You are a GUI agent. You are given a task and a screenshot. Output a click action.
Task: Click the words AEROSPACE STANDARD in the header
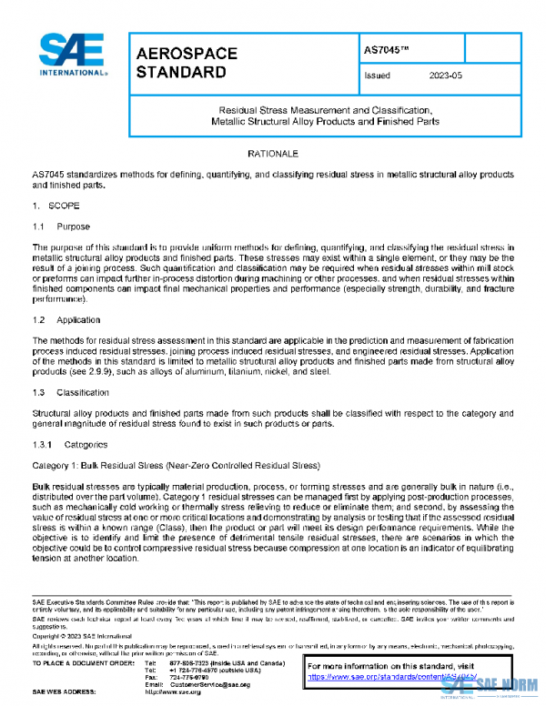tap(187, 62)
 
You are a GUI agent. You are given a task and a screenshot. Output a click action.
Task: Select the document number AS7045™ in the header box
tap(383, 46)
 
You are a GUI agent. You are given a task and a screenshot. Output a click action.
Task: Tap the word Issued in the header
tap(377, 76)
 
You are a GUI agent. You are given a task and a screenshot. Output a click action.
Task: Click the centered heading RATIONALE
tap(272, 155)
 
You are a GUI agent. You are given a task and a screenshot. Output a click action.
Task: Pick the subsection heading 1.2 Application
tap(66, 320)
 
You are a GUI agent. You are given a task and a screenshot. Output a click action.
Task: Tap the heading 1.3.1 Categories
tap(69, 444)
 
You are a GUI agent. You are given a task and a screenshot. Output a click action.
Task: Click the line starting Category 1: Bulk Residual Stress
tap(165, 463)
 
